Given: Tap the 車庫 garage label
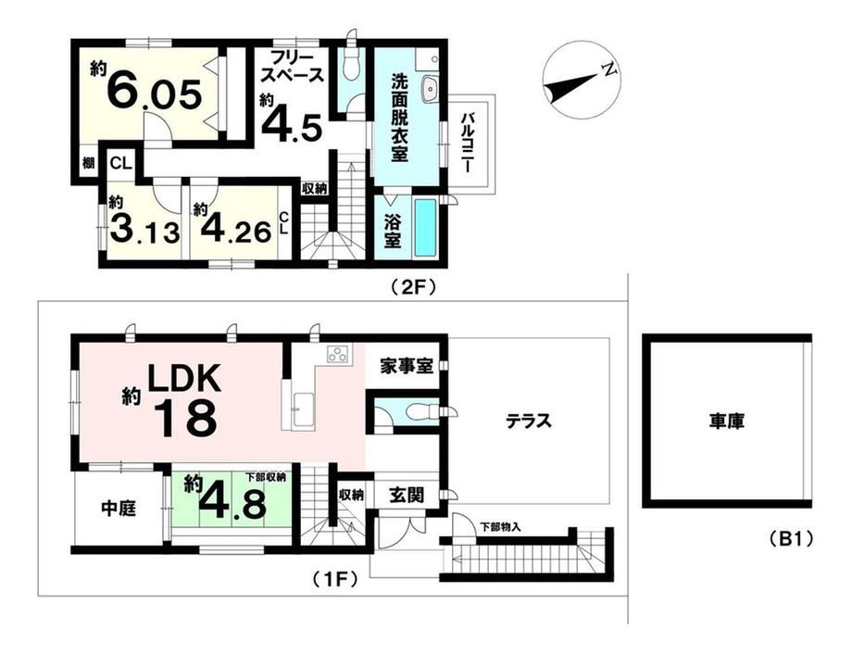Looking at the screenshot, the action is tap(726, 421).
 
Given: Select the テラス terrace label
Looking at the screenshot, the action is tap(529, 421).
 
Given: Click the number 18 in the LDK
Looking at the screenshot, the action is tap(187, 419).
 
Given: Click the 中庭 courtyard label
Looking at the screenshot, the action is tap(119, 509).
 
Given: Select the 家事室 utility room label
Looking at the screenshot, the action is tap(407, 366).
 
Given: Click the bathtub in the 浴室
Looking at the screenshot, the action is tap(425, 227).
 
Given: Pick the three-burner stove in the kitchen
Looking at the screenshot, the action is tap(340, 354).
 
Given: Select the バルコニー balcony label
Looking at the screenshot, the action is tap(467, 143).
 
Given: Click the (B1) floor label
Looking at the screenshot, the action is tap(791, 539).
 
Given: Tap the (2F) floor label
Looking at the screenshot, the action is tap(414, 287).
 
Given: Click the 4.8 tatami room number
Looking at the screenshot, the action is tap(233, 505).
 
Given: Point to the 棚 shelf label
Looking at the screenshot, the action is tap(88, 162).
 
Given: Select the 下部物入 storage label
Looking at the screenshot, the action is tap(500, 526).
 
